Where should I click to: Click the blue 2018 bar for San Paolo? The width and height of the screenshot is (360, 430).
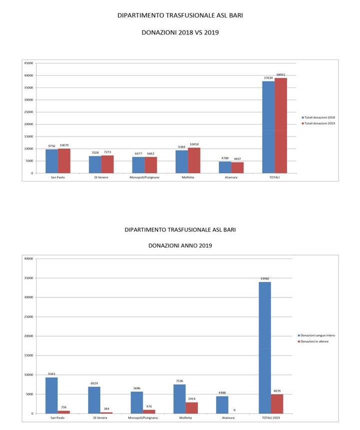pyautogui.click(x=52, y=161)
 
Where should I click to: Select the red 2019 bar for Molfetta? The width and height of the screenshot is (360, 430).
pyautogui.click(x=194, y=160)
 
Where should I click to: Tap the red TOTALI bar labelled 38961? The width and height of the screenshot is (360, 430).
pyautogui.click(x=280, y=125)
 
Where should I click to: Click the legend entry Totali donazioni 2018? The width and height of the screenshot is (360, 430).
pyautogui.click(x=319, y=117)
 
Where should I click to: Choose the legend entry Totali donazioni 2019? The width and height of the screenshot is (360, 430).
pyautogui.click(x=319, y=123)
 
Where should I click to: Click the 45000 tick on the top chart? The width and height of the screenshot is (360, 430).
pyautogui.click(x=28, y=63)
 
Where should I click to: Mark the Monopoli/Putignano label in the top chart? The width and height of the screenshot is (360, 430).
pyautogui.click(x=145, y=177)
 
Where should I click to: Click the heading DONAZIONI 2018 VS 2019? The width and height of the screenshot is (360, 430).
pyautogui.click(x=180, y=33)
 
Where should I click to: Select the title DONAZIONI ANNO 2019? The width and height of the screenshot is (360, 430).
pyautogui.click(x=180, y=245)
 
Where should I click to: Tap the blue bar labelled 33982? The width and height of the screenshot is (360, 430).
pyautogui.click(x=264, y=347)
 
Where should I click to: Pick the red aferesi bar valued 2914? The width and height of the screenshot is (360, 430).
pyautogui.click(x=192, y=407)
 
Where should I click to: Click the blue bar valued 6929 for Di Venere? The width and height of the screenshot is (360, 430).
pyautogui.click(x=94, y=399)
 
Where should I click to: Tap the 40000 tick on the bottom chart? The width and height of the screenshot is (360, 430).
pyautogui.click(x=28, y=258)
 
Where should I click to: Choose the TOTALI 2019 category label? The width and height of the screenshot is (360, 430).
pyautogui.click(x=270, y=417)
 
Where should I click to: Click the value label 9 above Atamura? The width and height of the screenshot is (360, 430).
pyautogui.click(x=234, y=410)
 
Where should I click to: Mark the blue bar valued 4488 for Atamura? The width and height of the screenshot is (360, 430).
pyautogui.click(x=222, y=404)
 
